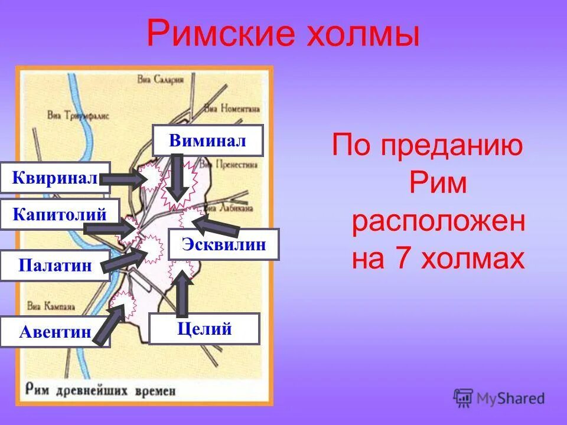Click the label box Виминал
coord(207,140)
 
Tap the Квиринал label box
coord(55,177)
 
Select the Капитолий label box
coord(60,214)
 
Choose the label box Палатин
coord(55,265)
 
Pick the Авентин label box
coord(55,332)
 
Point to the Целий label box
coord(204,328)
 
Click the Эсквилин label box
coord(223,244)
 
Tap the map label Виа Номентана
coord(232,109)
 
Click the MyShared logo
coord(498,398)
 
